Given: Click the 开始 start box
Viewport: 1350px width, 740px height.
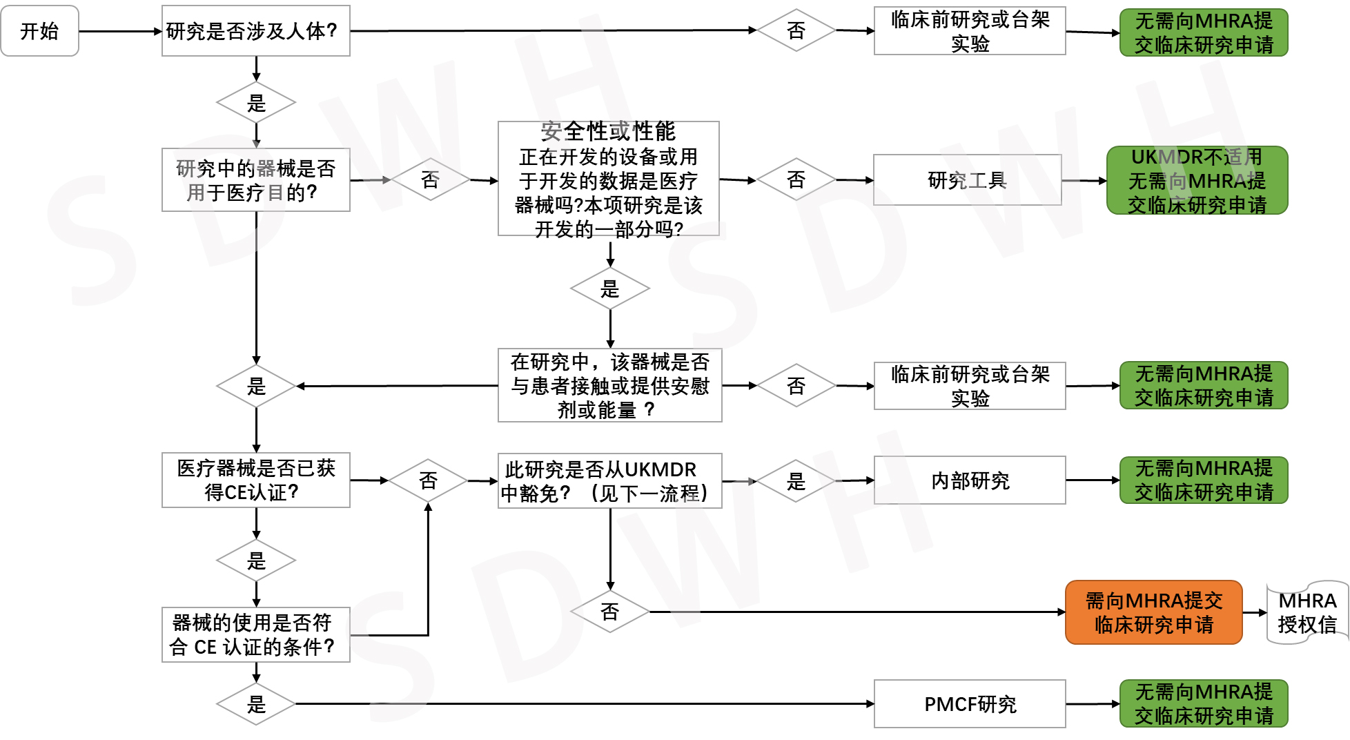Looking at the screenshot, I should pos(39,31).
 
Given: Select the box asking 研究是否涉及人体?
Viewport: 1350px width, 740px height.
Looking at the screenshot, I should pos(255,31).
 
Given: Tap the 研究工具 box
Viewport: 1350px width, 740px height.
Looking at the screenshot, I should pos(967,180).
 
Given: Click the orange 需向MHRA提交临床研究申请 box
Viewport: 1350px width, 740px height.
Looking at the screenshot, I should pos(1153,612).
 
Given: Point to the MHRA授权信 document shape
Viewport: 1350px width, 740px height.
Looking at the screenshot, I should pos(1307,612).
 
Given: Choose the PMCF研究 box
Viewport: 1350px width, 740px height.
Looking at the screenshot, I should pos(969,704).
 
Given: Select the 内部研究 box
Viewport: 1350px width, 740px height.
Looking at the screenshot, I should pos(969,480).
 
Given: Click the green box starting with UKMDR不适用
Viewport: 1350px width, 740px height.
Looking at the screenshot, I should pos(1197,181).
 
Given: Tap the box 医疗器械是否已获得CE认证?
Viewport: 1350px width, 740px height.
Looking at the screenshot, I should pos(255,480).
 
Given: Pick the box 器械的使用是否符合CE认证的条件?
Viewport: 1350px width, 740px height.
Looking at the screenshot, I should pos(255,635).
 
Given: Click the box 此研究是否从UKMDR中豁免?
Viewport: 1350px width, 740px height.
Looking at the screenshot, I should pos(609,481).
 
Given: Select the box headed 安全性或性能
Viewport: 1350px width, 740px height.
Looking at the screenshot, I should pos(608,179).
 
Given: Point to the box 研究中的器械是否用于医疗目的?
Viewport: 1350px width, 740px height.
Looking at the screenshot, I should pos(255,180).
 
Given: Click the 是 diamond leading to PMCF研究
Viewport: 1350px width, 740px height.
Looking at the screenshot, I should pos(256,704).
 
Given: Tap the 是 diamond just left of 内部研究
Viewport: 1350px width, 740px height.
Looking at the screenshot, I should pos(796,481).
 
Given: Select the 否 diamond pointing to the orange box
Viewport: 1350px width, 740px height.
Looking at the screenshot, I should pos(609,612).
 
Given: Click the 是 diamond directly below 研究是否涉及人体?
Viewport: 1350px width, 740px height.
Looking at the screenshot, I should pos(256,103).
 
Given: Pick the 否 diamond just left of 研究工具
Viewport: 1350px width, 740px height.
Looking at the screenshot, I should pos(796,180).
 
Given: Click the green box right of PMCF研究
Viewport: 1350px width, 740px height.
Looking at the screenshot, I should pos(1204,704).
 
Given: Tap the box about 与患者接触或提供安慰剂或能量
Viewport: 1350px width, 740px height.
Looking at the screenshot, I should pos(609,385).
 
